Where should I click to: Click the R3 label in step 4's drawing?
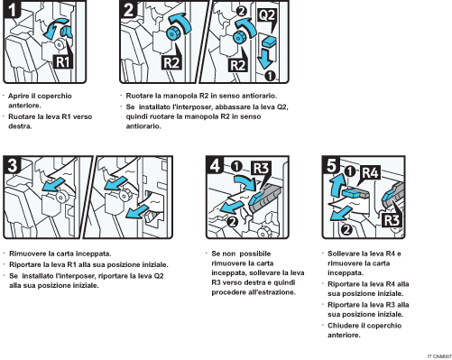(x=262, y=170)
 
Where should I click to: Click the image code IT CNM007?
(x=432, y=355)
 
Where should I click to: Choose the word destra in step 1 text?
(x=22, y=126)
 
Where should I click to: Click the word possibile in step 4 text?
(x=255, y=254)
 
